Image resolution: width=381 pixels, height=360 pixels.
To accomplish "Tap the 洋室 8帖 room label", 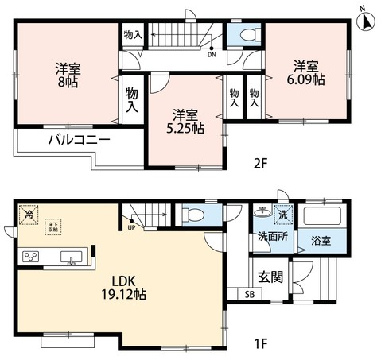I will click(x=66, y=74).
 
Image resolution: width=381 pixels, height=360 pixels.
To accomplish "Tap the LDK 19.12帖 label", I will click(x=122, y=286).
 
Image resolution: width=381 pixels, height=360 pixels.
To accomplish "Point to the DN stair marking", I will click(x=211, y=55).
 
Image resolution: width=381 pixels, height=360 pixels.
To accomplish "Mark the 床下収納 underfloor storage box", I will click(x=53, y=227).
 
